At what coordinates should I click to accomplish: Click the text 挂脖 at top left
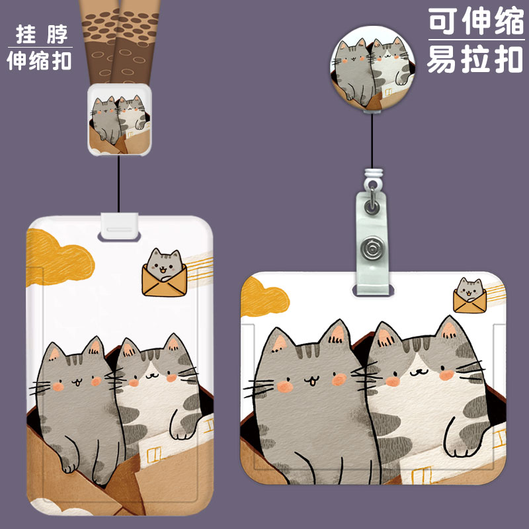coord(39,33)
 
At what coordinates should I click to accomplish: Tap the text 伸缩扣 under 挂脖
coord(39,60)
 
